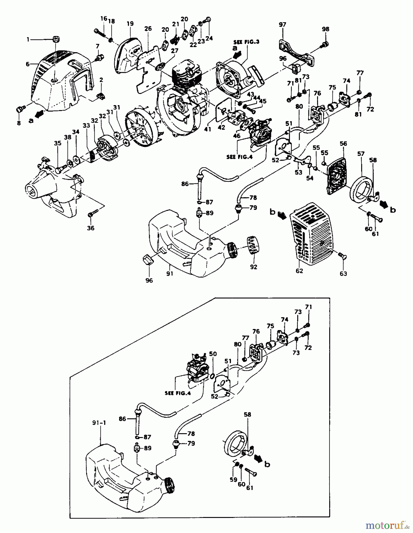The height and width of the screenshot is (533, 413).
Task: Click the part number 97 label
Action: click(x=282, y=25)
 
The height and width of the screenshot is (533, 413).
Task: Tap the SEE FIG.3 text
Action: click(x=246, y=42)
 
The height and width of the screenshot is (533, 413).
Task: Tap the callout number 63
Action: click(x=343, y=274)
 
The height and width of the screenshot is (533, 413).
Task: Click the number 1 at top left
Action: click(x=28, y=39)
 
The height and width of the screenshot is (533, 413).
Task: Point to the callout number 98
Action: click(x=325, y=29)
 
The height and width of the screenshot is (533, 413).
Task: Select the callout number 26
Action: click(x=148, y=29)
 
